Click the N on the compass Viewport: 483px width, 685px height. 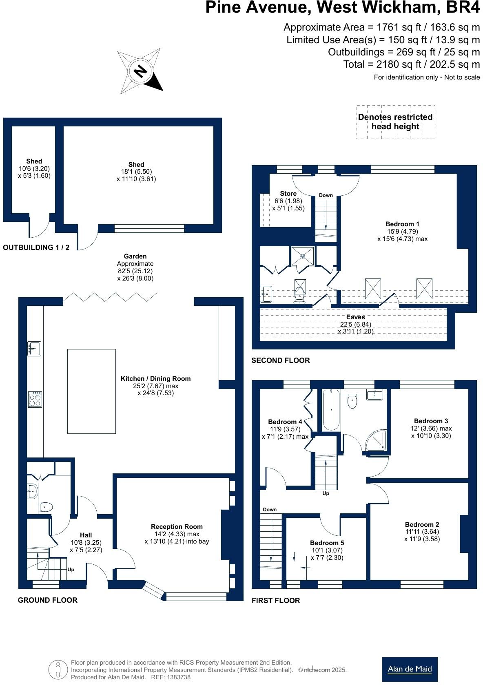[140, 71]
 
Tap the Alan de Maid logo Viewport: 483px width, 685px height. [410, 670]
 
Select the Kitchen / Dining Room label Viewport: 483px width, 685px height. [155, 378]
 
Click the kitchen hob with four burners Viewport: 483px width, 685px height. [35, 400]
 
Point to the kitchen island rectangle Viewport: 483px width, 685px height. [91, 391]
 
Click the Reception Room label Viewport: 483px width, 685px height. [177, 527]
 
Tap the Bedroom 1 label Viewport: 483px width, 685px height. [402, 224]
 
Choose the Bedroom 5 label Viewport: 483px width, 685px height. [327, 543]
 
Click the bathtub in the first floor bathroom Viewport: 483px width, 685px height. [331, 410]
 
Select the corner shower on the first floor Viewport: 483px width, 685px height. [376, 440]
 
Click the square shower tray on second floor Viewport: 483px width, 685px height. [303, 256]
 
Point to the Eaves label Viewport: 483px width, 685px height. [355, 317]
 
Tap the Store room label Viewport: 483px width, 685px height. [288, 194]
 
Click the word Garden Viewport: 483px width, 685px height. [135, 256]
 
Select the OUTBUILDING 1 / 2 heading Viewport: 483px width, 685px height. [36, 247]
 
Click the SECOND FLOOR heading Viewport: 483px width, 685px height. [281, 360]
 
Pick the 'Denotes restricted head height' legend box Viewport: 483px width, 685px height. [396, 122]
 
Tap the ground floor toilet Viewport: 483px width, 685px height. [46, 507]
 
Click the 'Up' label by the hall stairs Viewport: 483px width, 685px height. [71, 570]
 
